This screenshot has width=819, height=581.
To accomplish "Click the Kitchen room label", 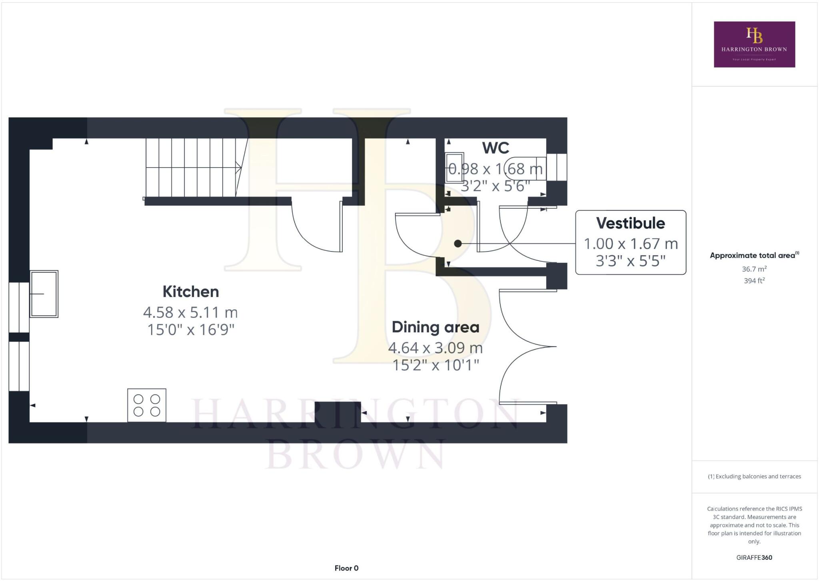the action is (191, 292).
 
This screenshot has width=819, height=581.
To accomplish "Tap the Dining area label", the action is (435, 327).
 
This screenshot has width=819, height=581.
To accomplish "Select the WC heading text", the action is (495, 148).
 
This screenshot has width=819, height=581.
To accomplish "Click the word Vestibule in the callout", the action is (631, 223).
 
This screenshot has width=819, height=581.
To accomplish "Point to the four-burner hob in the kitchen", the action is (147, 405).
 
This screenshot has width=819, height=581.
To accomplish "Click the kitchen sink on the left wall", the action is (44, 294).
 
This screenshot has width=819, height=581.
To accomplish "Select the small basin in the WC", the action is (455, 168).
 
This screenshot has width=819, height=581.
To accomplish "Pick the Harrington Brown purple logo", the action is (754, 44).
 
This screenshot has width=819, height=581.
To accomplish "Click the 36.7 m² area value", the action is (754, 269).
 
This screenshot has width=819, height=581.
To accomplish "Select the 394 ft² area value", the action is (754, 281).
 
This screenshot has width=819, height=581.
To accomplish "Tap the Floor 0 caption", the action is (346, 568).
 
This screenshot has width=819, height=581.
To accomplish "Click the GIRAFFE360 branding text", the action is (754, 557).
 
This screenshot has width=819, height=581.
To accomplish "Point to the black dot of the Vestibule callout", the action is (458, 244).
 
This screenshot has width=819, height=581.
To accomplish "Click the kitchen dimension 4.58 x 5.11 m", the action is (190, 312).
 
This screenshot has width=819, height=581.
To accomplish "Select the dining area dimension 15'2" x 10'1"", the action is (435, 365).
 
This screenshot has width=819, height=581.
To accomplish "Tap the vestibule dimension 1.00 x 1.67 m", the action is (631, 244).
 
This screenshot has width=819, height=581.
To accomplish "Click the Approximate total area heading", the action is (754, 255).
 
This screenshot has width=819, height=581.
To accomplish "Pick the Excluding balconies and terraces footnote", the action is (754, 476).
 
